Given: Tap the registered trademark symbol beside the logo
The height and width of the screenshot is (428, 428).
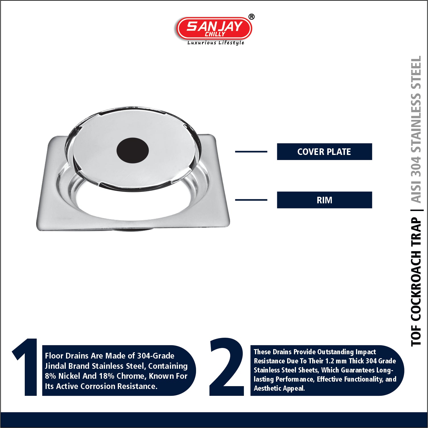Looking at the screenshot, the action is point(251,17).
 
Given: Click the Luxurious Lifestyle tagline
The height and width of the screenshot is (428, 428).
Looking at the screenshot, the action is point(216,43).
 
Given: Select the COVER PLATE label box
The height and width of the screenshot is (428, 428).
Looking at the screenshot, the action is point(324,151).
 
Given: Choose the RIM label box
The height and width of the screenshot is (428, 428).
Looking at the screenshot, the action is point(324,200).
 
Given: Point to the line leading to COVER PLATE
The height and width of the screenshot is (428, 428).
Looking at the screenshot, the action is point(251,151).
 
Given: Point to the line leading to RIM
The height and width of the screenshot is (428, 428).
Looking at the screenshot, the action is point(251,200).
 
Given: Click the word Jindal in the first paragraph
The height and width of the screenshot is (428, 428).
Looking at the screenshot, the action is point(55,366).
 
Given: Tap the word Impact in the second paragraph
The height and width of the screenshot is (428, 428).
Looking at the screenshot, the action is point(366,352).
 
